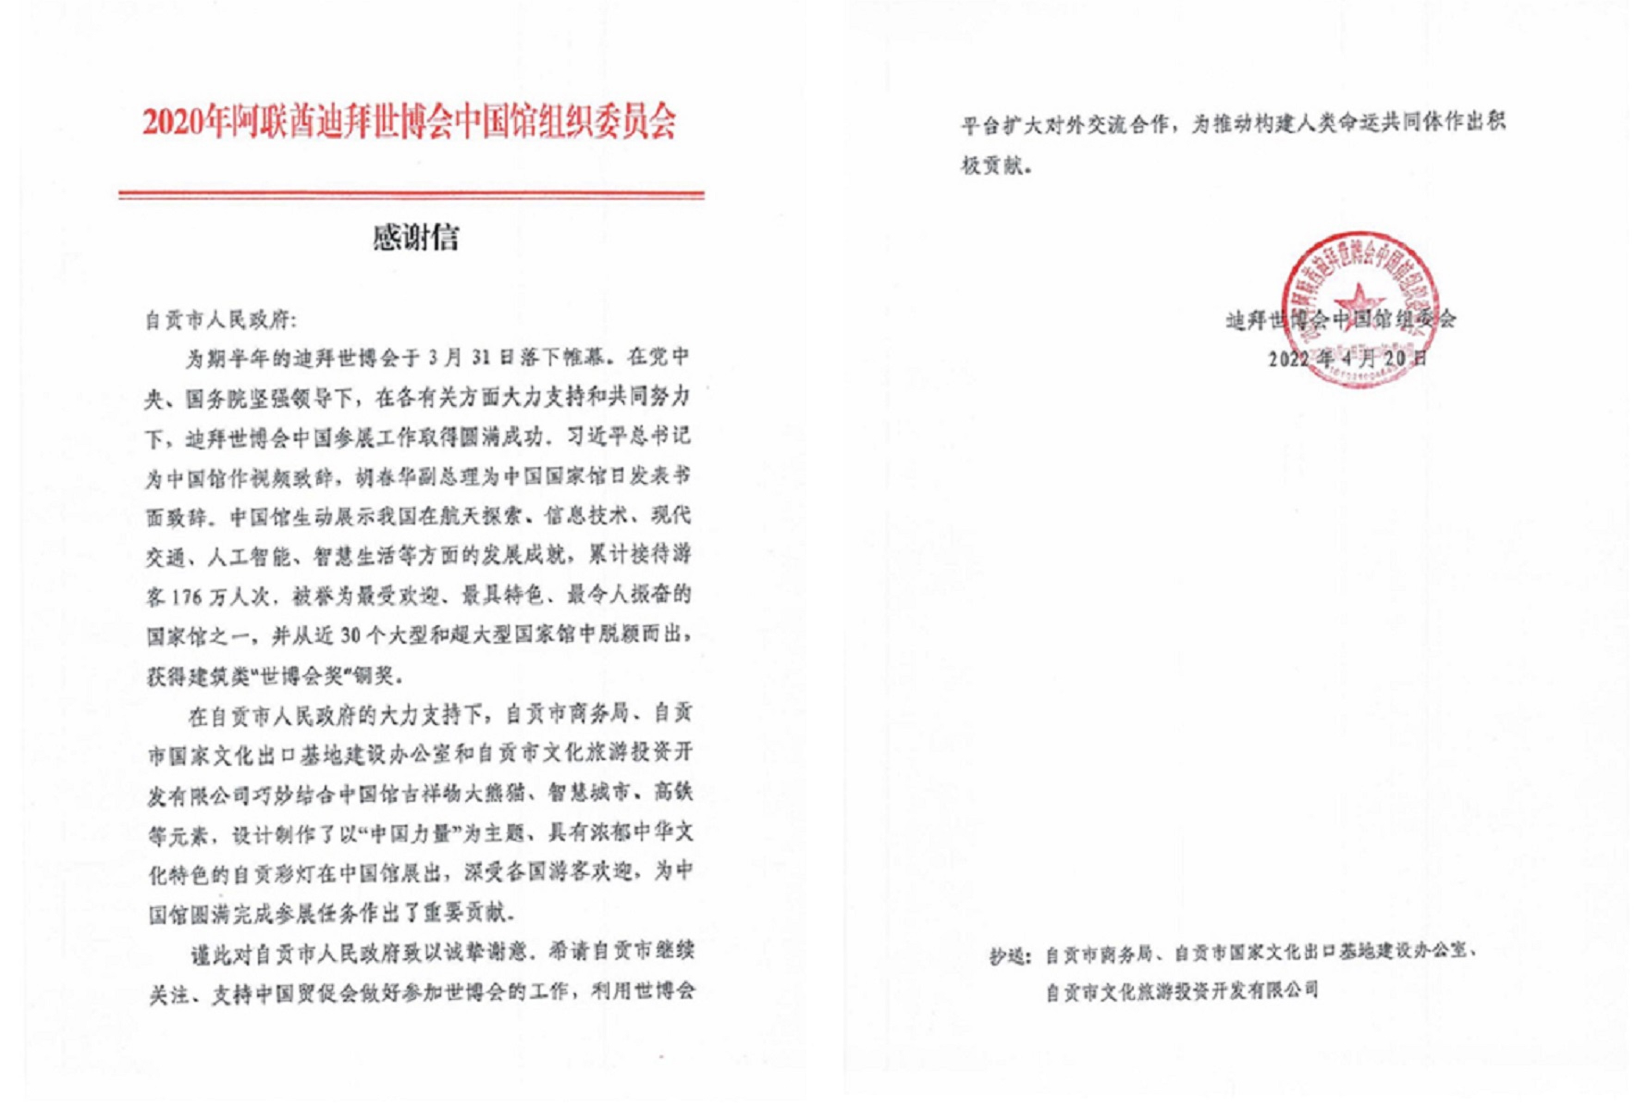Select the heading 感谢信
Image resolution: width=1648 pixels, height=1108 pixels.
click(415, 238)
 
